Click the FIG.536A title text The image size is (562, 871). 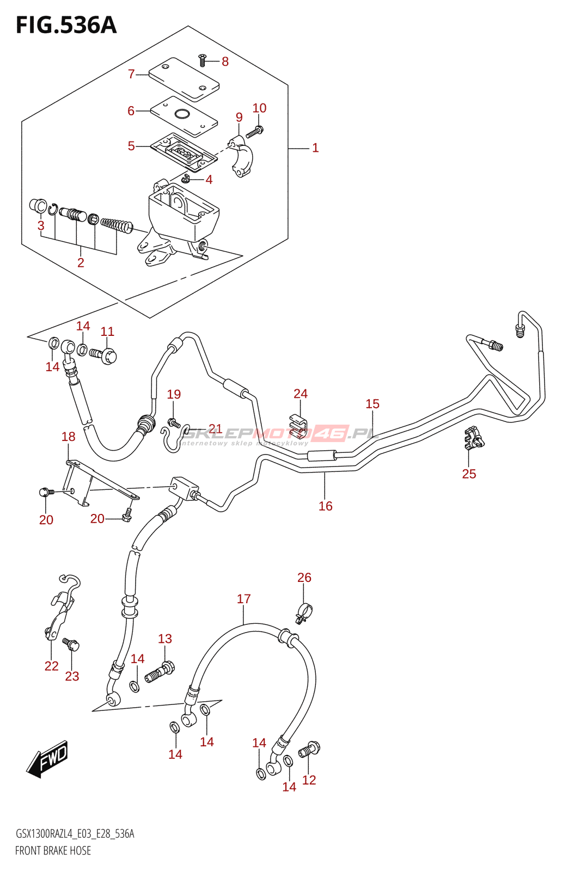(x=66, y=25)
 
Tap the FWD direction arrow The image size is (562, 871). (x=48, y=758)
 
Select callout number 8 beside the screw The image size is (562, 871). (x=225, y=62)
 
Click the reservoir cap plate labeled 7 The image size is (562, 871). (x=184, y=79)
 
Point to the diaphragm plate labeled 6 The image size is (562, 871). (x=184, y=116)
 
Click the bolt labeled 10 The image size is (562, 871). (x=255, y=131)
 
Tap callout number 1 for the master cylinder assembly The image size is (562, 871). (x=315, y=148)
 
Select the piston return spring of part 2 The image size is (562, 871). (x=117, y=224)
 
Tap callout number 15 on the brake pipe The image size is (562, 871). (x=372, y=404)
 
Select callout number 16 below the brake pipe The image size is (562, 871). (x=325, y=506)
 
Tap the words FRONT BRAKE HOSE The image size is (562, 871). (x=53, y=850)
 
